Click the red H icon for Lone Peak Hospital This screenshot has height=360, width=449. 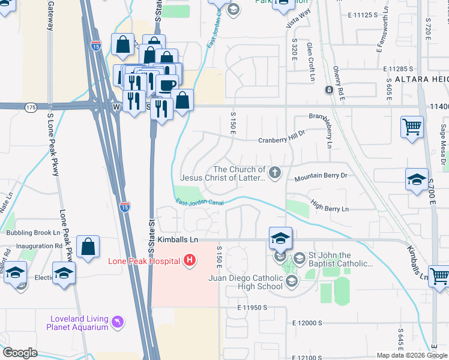(190, 260)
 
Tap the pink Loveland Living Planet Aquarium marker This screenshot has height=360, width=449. (118, 322)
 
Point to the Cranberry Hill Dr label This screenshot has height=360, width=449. (282, 140)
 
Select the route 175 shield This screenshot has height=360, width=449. (31, 107)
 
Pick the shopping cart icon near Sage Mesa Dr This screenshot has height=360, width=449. (412, 127)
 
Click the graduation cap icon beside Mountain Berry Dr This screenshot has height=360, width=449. (417, 180)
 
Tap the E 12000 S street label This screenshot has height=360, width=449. (308, 323)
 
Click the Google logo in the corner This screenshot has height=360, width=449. (20, 353)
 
